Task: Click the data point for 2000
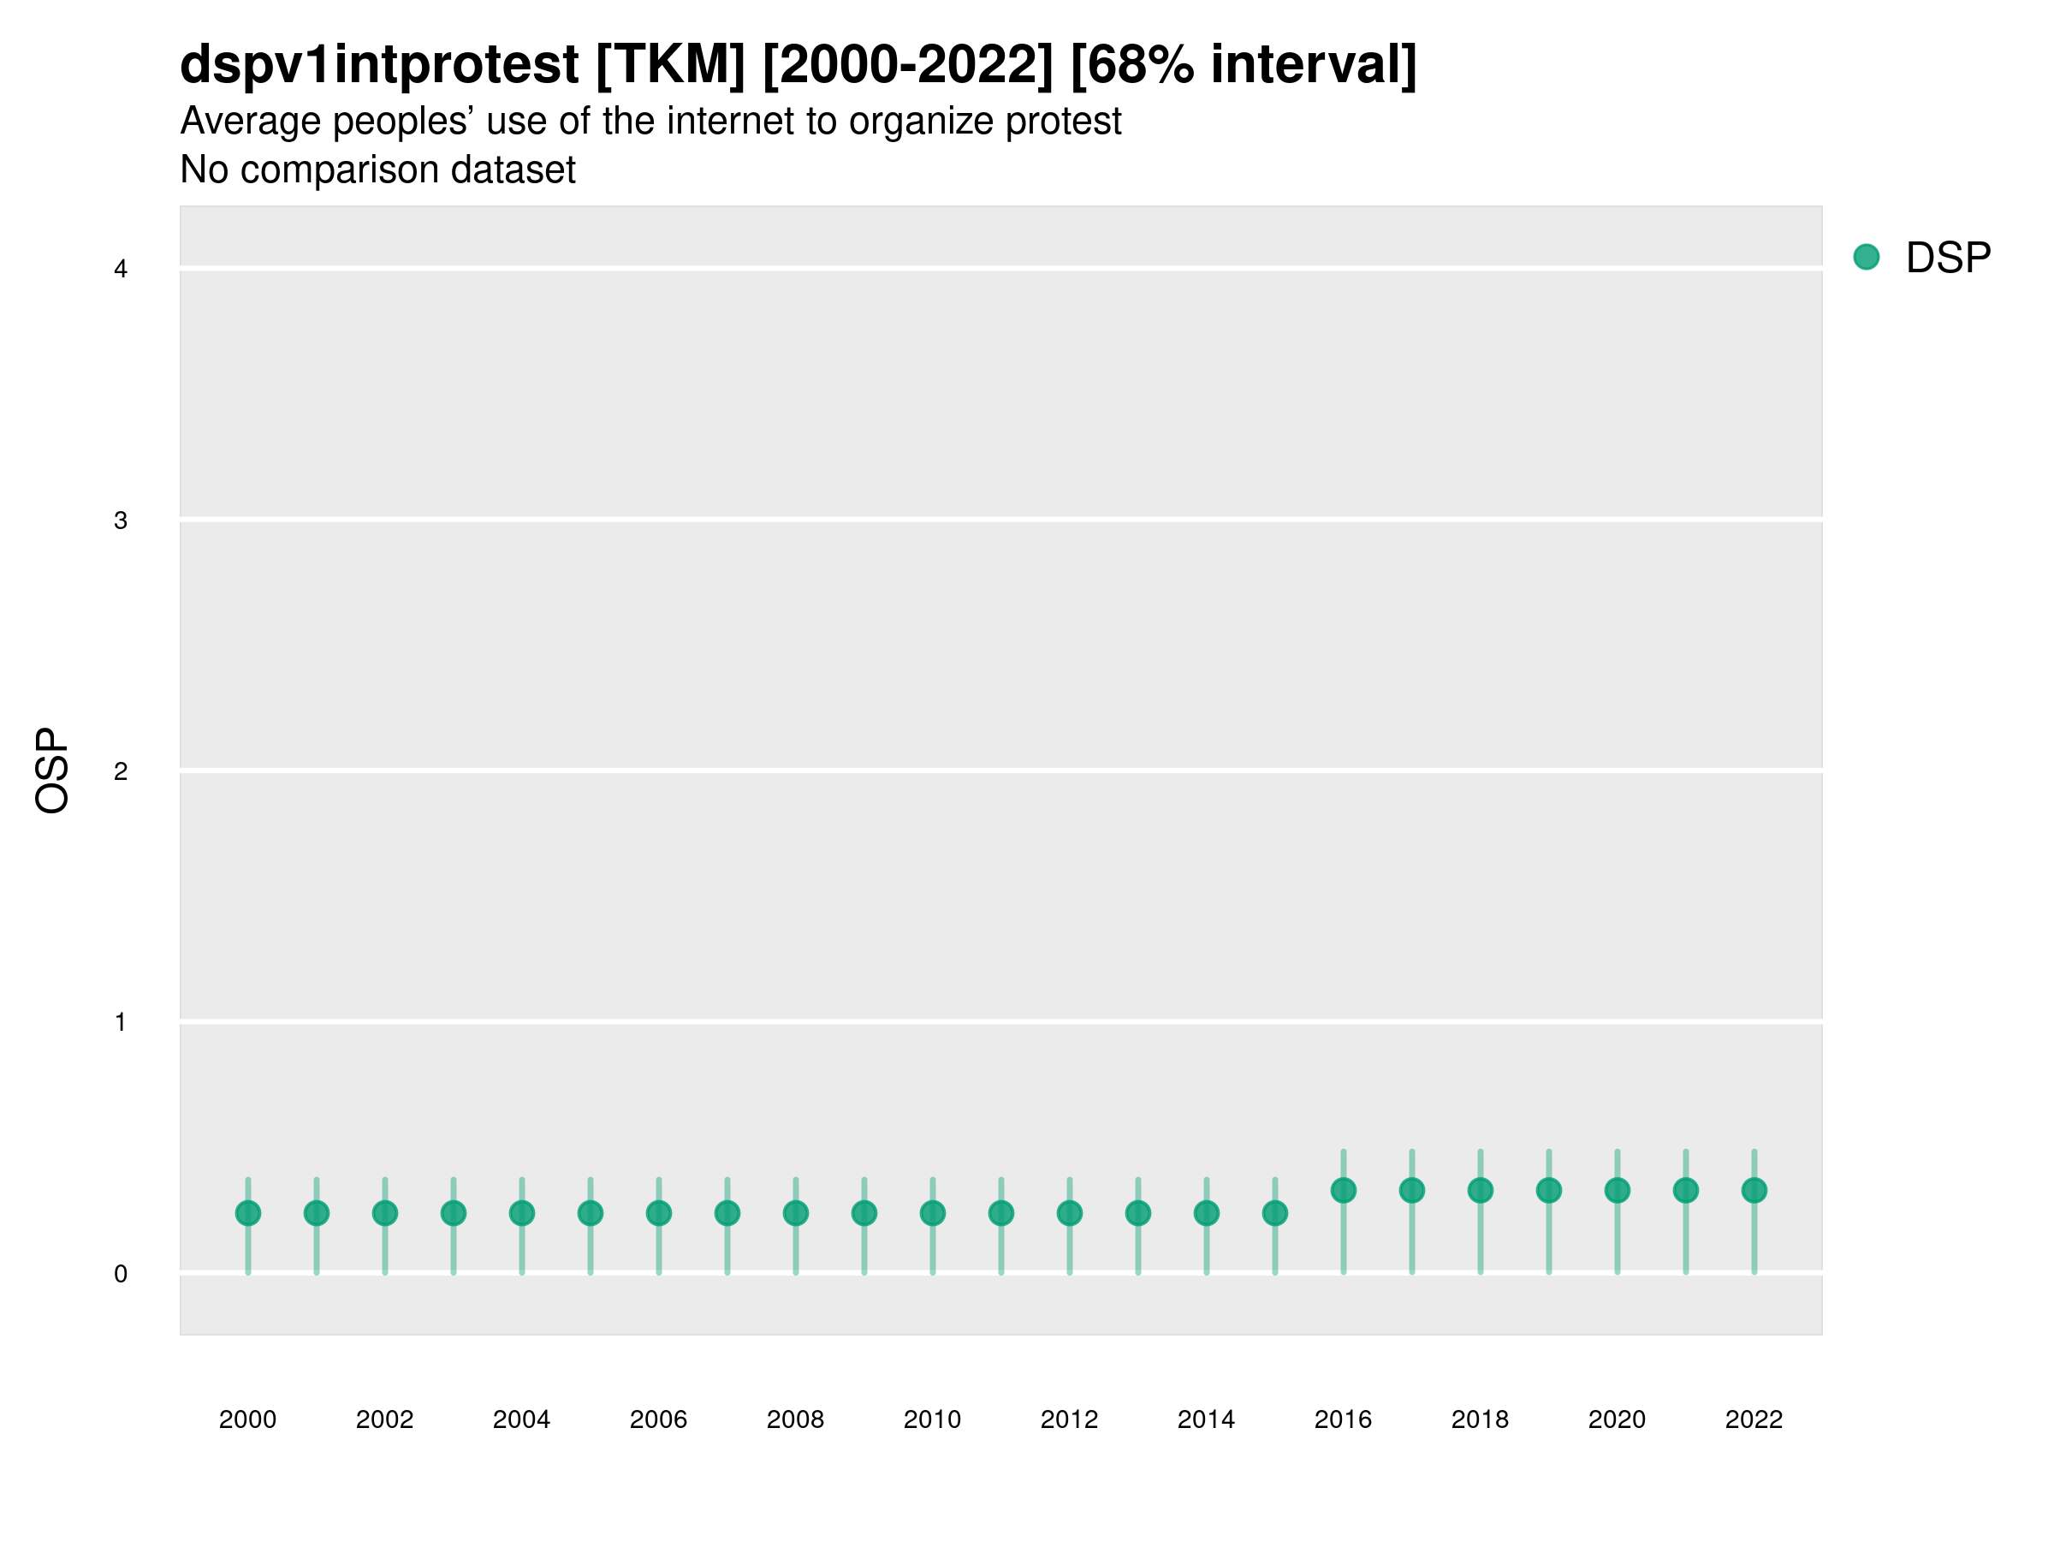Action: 248,1213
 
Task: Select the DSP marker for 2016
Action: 1344,1190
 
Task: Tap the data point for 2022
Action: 1754,1190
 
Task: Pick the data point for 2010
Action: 932,1213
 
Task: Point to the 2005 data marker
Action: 591,1213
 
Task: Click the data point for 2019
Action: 1549,1190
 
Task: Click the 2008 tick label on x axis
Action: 796,1419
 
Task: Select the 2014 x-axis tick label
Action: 1206,1419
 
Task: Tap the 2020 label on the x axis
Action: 1617,1419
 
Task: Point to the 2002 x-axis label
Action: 384,1419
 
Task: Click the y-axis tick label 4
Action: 121,270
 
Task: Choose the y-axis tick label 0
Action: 121,1275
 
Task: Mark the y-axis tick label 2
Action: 121,772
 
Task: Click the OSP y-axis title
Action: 53,771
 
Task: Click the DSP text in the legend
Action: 1948,258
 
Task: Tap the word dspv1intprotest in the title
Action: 379,64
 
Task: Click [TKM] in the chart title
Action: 670,64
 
